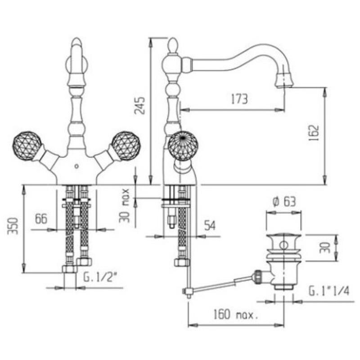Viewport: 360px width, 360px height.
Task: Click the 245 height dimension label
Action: [139, 105]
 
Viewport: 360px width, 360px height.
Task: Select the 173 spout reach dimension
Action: [239, 99]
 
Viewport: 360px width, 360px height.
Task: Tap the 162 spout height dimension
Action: [314, 133]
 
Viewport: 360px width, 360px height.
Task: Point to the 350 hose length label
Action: [13, 226]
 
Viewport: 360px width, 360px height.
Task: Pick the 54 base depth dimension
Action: [210, 225]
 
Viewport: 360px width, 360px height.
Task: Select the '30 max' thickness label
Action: [124, 206]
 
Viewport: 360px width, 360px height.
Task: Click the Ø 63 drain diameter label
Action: [284, 202]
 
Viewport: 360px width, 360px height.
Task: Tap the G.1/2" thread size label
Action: [99, 277]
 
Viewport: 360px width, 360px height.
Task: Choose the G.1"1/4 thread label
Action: [329, 291]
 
